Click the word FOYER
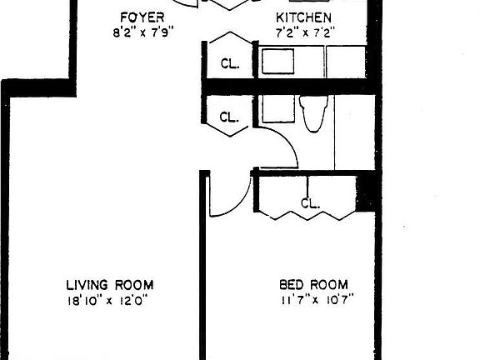(141, 18)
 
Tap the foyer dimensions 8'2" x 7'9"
(141, 34)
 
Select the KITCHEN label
(303, 18)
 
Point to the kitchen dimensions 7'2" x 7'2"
(303, 34)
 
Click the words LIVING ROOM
(110, 284)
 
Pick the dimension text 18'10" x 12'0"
(110, 300)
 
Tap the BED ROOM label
(313, 284)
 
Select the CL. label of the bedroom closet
(310, 202)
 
